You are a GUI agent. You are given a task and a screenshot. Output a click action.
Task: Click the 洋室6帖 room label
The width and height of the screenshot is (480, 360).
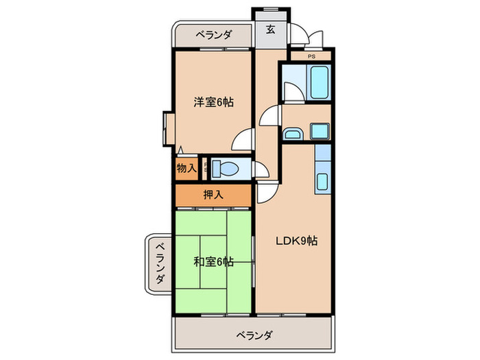pyautogui.click(x=213, y=102)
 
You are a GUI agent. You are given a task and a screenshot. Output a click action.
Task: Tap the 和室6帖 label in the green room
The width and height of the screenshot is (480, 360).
pyautogui.click(x=213, y=261)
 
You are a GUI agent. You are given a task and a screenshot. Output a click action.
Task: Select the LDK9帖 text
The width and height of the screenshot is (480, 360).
pyautogui.click(x=296, y=241)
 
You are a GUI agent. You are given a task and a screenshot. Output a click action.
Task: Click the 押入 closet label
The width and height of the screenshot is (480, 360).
pyautogui.click(x=213, y=195)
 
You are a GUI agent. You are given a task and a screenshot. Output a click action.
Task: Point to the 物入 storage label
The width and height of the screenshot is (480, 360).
pyautogui.click(x=186, y=167)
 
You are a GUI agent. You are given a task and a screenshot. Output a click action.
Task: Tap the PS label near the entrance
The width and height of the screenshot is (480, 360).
pyautogui.click(x=311, y=57)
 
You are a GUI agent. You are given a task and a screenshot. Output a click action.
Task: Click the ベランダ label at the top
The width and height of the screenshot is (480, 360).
pyautogui.click(x=213, y=34)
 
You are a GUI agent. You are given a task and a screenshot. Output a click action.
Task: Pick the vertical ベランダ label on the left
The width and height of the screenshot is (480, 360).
pyautogui.click(x=158, y=264)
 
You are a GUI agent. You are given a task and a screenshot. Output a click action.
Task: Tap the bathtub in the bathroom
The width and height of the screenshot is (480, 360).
pyautogui.click(x=319, y=82)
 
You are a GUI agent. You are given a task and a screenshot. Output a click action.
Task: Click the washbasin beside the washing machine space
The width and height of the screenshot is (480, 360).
pyautogui.click(x=293, y=132)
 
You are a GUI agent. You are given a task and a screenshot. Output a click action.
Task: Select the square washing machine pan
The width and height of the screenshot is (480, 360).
pyautogui.click(x=320, y=131)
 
